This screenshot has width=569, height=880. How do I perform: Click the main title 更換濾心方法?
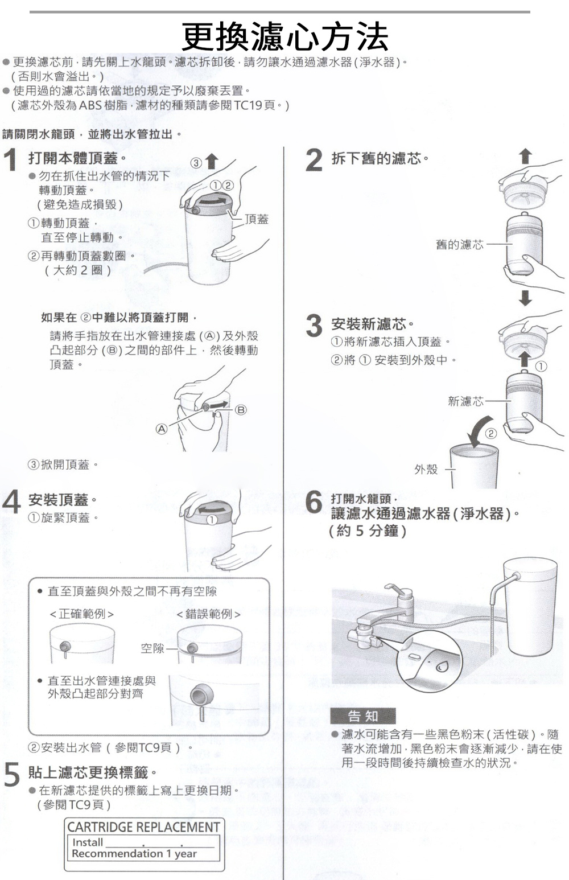pos(285,36)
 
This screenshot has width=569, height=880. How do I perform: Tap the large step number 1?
pos(11,161)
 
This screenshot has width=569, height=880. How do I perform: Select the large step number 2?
pos(314,161)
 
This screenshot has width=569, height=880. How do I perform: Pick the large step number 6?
pos(314,501)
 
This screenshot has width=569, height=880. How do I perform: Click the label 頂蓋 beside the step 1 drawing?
pos(257,219)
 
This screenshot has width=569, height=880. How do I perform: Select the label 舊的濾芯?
pos(459,244)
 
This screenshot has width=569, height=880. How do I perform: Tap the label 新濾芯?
pos(465,401)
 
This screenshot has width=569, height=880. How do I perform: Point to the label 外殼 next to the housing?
pos(426,469)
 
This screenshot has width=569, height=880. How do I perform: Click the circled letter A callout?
pos(162,429)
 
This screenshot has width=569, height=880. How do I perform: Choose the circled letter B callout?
pos(241,410)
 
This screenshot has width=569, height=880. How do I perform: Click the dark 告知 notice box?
pos(362,716)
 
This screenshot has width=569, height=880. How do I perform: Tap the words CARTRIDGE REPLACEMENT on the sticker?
pos(143,827)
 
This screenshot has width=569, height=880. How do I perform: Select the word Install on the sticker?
pos(88,842)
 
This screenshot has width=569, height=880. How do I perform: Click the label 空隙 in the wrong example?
pos(152,648)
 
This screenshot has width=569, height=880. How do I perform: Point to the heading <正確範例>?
pos(82,614)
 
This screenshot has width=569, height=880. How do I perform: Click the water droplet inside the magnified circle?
pos(443,665)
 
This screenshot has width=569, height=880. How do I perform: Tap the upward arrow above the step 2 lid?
pos(525,157)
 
